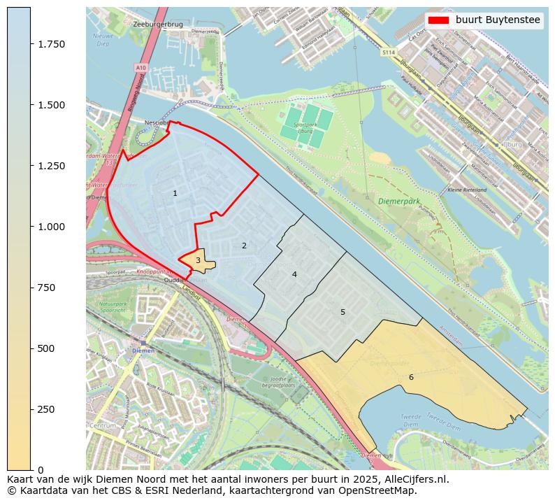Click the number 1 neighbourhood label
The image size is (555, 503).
pos(175,193)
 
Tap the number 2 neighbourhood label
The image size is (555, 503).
pos(244,246)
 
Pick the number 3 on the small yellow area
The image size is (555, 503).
pos(198,260)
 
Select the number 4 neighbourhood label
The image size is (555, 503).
pos(294,274)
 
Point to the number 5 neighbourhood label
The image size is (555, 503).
pos(343,312)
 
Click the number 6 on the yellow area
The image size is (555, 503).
pos(411,377)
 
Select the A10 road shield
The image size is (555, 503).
pos(141,68)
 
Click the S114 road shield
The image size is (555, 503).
pos(388,52)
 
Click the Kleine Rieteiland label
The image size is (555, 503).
pos(466,190)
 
